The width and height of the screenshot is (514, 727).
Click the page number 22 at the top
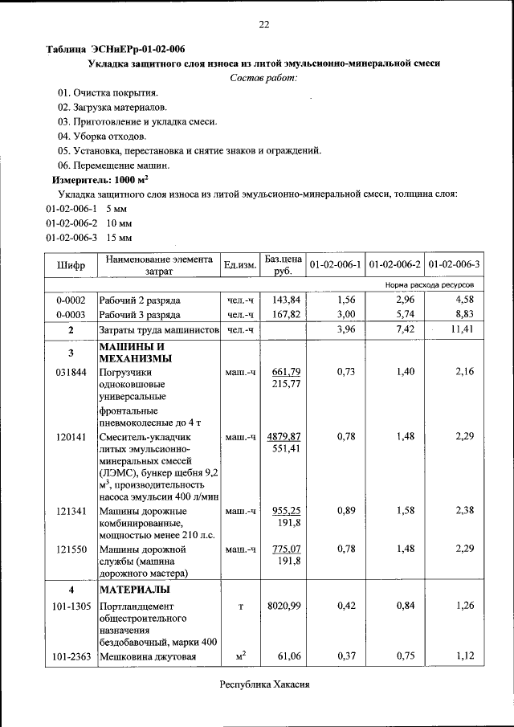pyautogui.click(x=263, y=25)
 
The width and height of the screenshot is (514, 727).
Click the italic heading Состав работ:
pyautogui.click(x=263, y=77)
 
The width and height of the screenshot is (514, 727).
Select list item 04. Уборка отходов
pyautogui.click(x=101, y=136)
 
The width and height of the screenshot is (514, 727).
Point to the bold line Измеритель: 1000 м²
pyautogui.click(x=100, y=180)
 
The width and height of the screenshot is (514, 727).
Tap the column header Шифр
pyautogui.click(x=70, y=264)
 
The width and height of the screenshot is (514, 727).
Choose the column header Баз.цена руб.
pyautogui.click(x=284, y=264)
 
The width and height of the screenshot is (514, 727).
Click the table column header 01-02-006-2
pyautogui.click(x=394, y=264)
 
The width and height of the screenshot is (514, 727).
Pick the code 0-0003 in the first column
pyautogui.click(x=70, y=314)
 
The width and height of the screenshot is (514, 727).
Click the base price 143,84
pyautogui.click(x=286, y=299)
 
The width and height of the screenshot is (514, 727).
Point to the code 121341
pyautogui.click(x=70, y=510)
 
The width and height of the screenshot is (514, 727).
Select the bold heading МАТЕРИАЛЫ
pyautogui.click(x=133, y=590)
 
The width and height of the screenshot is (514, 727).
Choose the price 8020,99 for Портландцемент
pyautogui.click(x=284, y=606)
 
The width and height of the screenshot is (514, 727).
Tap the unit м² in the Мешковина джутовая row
pyautogui.click(x=240, y=657)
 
